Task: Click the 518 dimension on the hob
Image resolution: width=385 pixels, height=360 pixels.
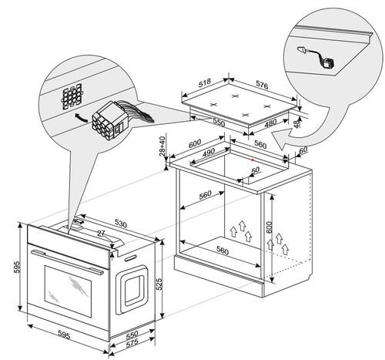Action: (x=204, y=82)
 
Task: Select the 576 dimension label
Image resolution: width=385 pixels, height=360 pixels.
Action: (x=262, y=85)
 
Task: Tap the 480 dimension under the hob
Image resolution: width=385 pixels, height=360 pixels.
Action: (x=270, y=123)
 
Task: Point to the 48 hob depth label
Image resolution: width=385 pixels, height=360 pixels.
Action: (x=296, y=123)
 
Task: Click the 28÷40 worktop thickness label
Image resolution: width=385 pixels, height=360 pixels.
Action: (x=162, y=146)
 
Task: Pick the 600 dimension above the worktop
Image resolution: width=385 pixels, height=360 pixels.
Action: (x=195, y=143)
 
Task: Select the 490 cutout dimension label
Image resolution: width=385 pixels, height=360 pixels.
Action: (x=209, y=153)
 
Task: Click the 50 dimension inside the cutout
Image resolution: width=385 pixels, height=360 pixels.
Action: (x=255, y=170)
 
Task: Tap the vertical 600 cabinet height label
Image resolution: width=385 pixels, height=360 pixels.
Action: (x=269, y=227)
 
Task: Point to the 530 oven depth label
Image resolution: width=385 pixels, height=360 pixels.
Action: (x=121, y=224)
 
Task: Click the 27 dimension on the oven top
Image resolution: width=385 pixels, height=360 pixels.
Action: (x=101, y=234)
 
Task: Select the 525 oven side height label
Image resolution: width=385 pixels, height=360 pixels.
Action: (x=159, y=284)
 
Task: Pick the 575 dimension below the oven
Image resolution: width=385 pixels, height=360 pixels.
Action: (x=132, y=343)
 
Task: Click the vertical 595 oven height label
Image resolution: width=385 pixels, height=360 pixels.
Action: (x=16, y=267)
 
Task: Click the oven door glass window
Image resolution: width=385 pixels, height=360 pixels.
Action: (x=68, y=291)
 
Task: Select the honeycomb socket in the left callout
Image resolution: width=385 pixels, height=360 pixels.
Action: (x=72, y=96)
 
